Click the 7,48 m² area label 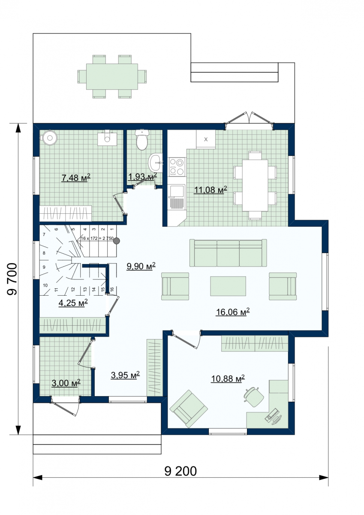coord(76,178)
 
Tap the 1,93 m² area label coord(142,176)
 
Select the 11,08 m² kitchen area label coord(211,190)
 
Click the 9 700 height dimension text coord(12,279)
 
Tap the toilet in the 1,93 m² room coord(142,140)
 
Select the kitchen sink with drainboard coord(177,197)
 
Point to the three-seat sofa coord(228,253)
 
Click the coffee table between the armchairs coord(228,286)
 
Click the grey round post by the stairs coord(117,241)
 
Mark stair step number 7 coord(44,234)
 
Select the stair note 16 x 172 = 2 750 coord(97,239)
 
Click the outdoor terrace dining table coord(112,76)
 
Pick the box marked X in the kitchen coord(206,139)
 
